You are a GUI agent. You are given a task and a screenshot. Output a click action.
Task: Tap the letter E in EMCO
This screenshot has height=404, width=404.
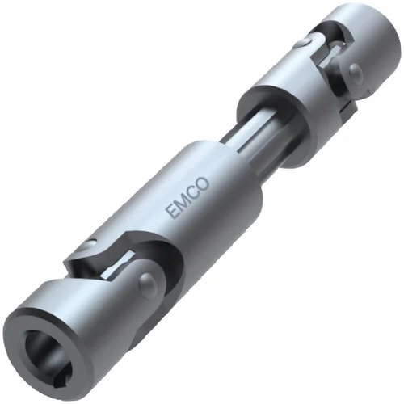click(x=171, y=213)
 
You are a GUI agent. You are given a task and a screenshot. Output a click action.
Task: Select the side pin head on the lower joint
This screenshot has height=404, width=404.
click(x=146, y=284)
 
